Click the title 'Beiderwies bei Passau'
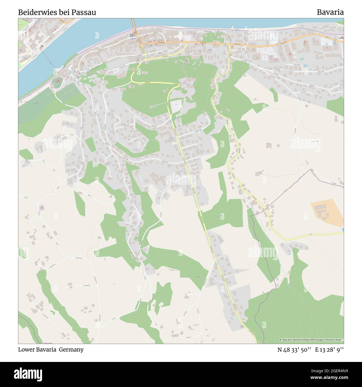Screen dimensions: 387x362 57,13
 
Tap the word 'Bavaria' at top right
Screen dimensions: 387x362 330,13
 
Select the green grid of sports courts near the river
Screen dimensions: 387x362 67,92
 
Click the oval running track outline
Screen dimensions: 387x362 117,64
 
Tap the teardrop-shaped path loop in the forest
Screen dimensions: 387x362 157,106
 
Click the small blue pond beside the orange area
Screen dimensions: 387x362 342,230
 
